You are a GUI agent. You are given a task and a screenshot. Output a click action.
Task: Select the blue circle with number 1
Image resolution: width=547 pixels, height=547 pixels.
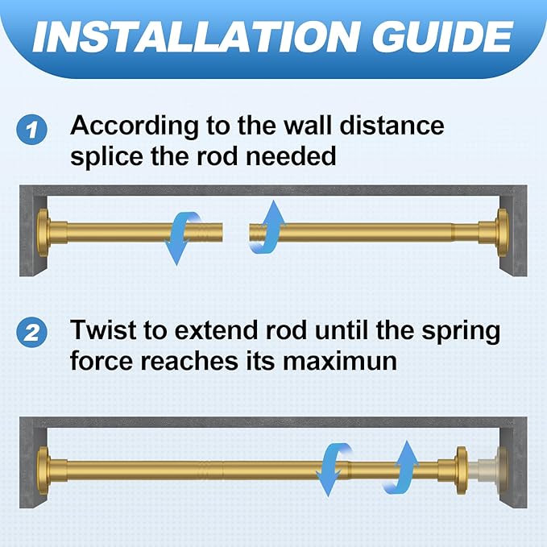tap(31, 130)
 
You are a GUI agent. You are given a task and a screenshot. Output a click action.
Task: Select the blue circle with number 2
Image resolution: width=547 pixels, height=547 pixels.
tap(31, 333)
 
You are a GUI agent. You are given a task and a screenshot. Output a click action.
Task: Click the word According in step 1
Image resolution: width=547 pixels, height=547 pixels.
tap(135, 126)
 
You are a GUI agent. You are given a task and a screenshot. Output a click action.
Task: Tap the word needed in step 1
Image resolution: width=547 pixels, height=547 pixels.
tap(291, 156)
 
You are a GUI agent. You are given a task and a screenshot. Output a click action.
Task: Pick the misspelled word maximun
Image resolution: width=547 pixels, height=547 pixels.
tap(340, 361)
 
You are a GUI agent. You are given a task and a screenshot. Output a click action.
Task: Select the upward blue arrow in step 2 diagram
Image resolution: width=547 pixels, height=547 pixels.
tap(402, 467)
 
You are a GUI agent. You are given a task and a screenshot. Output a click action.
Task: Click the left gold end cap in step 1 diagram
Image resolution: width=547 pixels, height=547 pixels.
tap(44, 233)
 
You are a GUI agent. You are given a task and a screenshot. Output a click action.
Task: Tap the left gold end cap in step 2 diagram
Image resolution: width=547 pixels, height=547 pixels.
tap(44, 470)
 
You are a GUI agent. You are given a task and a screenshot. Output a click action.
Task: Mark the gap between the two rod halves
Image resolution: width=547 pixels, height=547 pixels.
tap(236, 232)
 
